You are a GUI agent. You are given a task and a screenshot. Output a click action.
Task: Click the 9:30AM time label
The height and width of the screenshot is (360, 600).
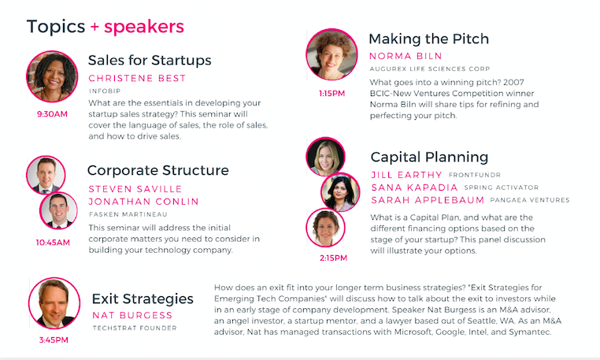coord(52,114)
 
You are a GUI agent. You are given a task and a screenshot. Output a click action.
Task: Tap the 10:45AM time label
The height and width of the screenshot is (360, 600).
coord(53,243)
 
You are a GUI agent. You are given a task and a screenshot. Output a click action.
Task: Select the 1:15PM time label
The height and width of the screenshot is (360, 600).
coord(331,94)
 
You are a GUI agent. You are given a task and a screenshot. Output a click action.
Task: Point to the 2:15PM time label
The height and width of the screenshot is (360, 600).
coord(333,258)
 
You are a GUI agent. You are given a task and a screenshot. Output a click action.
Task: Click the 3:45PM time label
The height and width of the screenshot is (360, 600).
coord(54,340)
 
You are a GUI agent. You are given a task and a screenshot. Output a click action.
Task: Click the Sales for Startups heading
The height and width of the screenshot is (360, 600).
coord(150,60)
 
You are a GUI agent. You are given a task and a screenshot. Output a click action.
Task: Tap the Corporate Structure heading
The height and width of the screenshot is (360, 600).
coord(158,170)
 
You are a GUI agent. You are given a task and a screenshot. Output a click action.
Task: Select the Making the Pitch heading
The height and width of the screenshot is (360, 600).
coord(428,39)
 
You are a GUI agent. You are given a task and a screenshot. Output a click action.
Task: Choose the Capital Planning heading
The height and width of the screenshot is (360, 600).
coord(429,157)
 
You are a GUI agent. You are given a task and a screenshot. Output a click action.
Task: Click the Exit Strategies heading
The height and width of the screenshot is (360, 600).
coord(143,299)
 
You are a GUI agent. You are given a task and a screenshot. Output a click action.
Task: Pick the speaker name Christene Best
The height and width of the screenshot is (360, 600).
coord(137,78)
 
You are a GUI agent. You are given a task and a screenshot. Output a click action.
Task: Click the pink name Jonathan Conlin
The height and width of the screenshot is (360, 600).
coord(143,202)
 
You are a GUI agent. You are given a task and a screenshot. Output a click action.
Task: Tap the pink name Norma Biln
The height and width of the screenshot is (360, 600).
coord(406,56)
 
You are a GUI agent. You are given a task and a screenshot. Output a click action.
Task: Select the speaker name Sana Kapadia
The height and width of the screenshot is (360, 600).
coord(414,187)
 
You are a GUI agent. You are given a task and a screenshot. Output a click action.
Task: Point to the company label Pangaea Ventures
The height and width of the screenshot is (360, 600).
coord(530,200)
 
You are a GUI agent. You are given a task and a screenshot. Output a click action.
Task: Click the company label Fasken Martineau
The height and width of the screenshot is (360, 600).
coord(128,214)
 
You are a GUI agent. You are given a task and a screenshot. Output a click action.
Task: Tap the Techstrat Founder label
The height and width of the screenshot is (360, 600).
coord(135,328)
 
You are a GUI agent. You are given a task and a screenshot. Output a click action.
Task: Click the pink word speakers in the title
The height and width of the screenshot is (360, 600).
coord(144,27)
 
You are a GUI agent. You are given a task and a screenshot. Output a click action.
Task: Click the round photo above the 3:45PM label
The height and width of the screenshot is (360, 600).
coord(54,303)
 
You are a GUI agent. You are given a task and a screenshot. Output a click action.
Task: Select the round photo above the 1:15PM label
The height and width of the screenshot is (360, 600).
coord(331,54)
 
